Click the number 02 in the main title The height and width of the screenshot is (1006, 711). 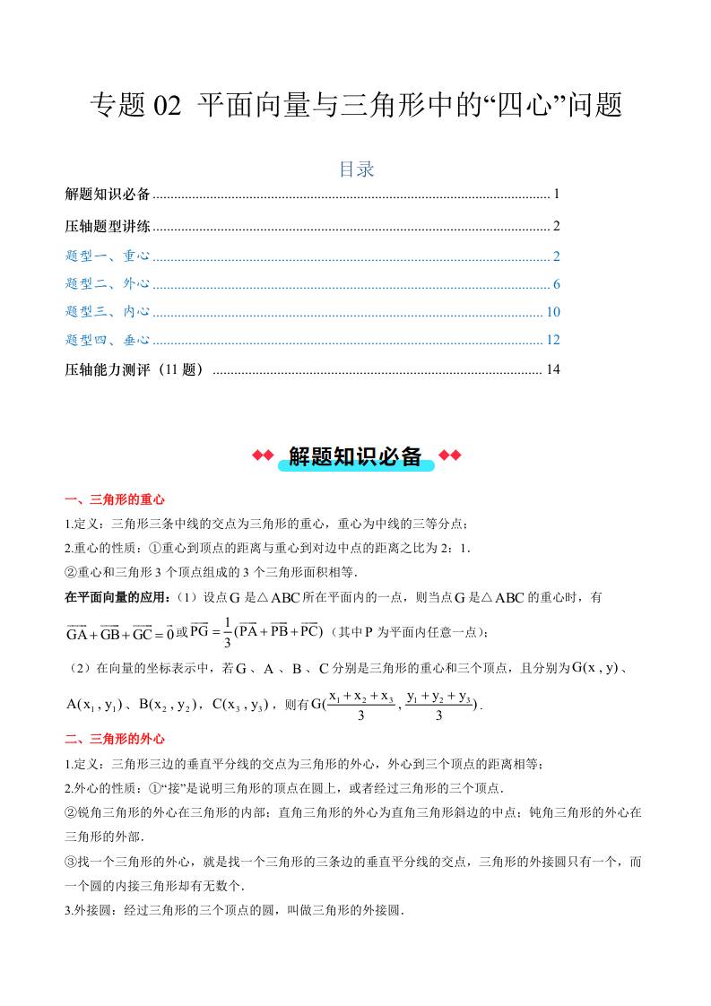click(168, 106)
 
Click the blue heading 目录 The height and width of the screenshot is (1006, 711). click(356, 169)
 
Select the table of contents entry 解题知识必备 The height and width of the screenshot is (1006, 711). click(108, 194)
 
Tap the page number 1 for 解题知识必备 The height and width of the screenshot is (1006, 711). click(557, 194)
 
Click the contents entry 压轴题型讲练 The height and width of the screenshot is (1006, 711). click(108, 226)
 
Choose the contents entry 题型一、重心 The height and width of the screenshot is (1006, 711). click(108, 256)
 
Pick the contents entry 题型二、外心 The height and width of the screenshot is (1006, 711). click(108, 285)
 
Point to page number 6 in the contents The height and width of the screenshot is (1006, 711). click(557, 285)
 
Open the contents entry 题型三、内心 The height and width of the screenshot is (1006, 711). click(108, 312)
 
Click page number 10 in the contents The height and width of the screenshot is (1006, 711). click(553, 312)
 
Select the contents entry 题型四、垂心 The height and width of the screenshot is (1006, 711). click(108, 340)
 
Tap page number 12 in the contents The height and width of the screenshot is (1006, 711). click(553, 340)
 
